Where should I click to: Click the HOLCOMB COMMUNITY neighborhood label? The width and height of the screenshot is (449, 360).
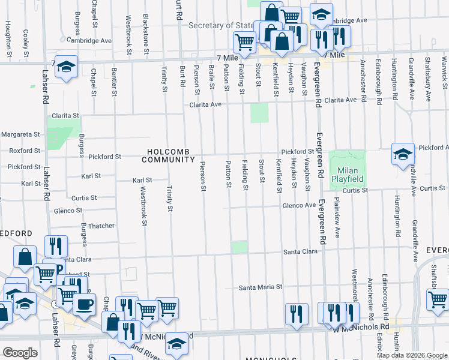[x=168, y=155]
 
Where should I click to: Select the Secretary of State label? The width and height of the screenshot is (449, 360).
[x=221, y=26]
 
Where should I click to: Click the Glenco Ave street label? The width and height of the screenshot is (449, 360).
[x=300, y=206]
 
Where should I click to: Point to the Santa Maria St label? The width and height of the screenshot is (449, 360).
[x=261, y=287]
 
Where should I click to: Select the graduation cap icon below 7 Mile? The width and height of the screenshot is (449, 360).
[x=66, y=67]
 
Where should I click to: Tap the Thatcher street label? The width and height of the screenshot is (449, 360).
[x=101, y=226]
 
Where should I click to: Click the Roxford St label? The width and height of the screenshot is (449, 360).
[x=20, y=151]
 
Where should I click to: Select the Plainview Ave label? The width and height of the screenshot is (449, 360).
[x=337, y=217]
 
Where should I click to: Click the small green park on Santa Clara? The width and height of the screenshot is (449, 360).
[x=240, y=247]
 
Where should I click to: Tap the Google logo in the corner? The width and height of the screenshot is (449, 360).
[x=20, y=353]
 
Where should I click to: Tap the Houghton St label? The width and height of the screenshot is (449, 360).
[x=8, y=34]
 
